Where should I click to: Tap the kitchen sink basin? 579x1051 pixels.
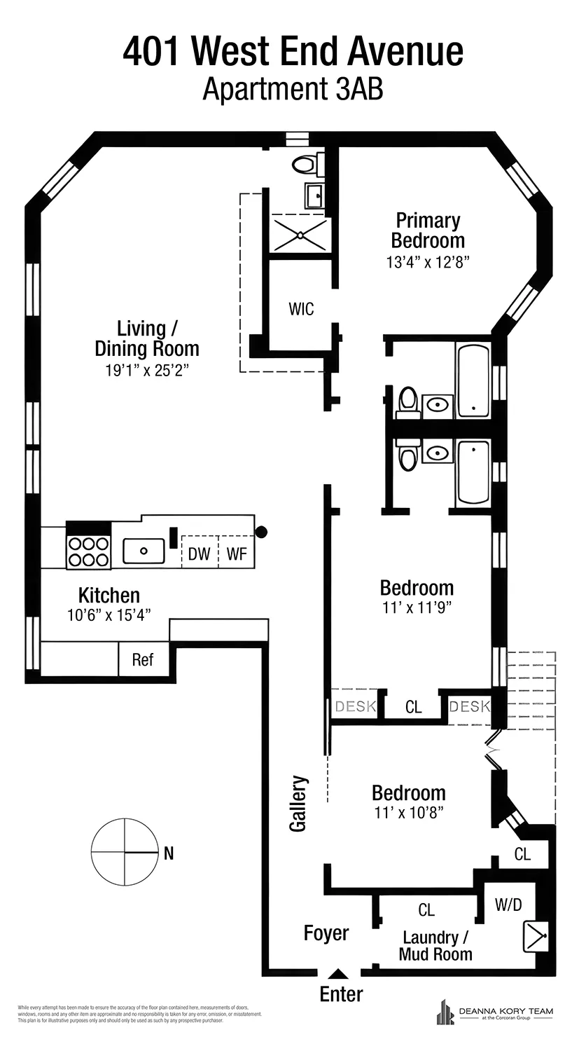(144, 551)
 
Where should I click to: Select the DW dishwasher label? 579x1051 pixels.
(199, 554)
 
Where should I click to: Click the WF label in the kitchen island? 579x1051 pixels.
(237, 554)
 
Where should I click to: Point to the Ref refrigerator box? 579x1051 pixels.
(143, 660)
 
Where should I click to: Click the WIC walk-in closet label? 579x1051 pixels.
(301, 308)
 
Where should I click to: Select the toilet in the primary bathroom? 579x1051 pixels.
(304, 165)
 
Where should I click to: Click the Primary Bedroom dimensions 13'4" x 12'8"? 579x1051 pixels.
(426, 262)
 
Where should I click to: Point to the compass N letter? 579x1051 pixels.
(168, 853)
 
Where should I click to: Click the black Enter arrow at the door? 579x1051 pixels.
(338, 974)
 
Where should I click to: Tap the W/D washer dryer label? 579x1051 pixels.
(508, 904)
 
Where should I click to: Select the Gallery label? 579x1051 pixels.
(299, 803)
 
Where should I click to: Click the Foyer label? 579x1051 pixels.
(326, 933)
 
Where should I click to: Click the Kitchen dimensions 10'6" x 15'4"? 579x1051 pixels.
(109, 614)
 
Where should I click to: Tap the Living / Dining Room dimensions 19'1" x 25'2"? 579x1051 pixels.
(147, 370)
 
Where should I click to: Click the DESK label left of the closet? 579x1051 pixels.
(355, 706)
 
